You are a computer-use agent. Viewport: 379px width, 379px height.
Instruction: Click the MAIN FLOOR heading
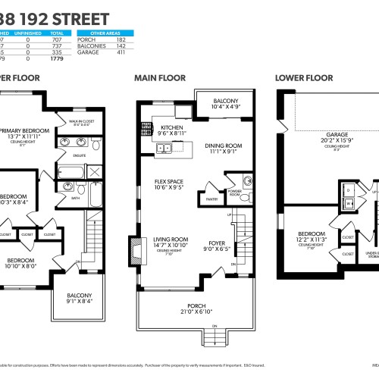(160, 77)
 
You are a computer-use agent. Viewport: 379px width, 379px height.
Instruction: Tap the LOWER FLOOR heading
(304, 77)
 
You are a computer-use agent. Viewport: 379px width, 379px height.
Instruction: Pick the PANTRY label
(212, 200)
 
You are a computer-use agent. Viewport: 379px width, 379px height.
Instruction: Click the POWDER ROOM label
(235, 193)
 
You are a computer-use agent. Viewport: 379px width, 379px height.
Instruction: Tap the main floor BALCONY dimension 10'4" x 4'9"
(225, 108)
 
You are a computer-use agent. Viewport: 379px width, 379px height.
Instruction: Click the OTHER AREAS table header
(105, 33)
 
